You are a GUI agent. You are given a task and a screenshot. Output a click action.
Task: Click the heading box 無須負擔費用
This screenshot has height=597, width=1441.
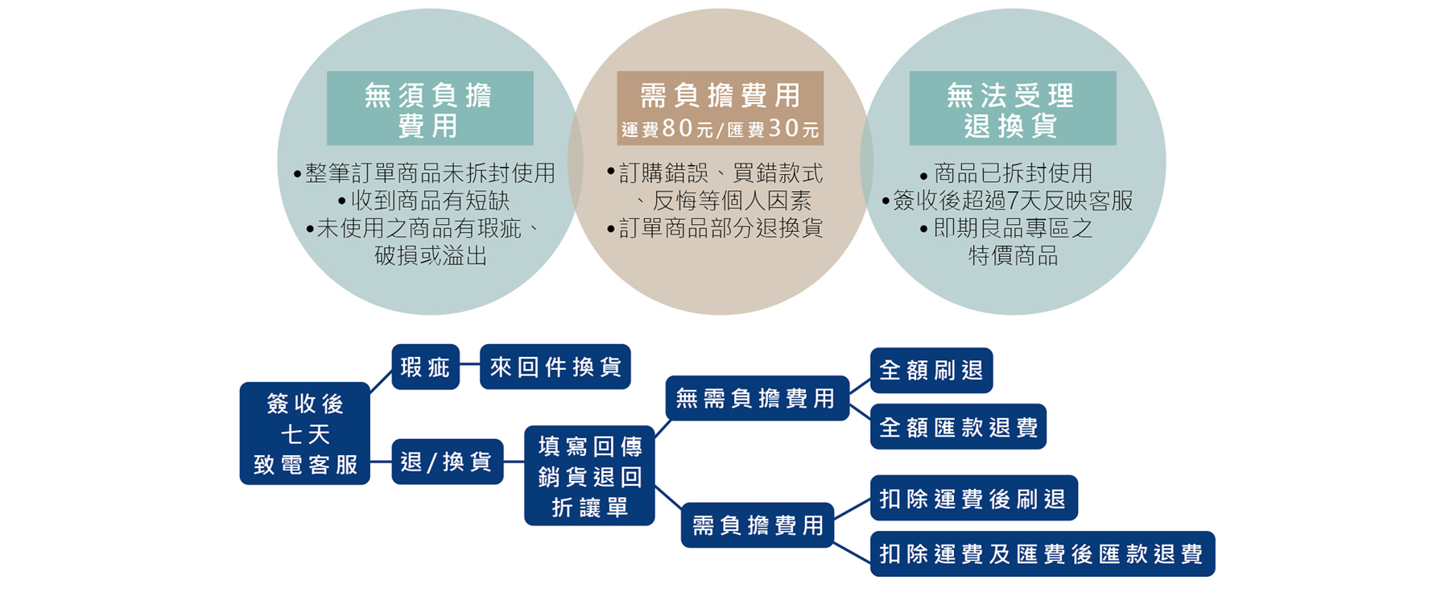[x=430, y=109]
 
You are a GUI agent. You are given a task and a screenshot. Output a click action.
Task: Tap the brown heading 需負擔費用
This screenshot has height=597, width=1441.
[x=720, y=96]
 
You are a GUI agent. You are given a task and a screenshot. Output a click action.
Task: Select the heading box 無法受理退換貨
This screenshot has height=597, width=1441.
[x=1012, y=109]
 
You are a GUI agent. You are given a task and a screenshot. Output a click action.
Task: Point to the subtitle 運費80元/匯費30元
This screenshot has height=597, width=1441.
[x=720, y=129]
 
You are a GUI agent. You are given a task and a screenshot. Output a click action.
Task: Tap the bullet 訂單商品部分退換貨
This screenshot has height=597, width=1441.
[x=716, y=228]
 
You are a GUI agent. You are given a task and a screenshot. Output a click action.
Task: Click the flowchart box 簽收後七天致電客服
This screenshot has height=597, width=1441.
[x=304, y=433]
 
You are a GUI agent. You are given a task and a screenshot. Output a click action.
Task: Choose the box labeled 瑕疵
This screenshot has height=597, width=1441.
[x=425, y=367]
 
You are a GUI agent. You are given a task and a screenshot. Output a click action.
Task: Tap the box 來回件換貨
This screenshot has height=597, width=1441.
[x=555, y=367]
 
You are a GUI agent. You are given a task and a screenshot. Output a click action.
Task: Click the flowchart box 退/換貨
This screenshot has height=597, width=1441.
[x=447, y=462]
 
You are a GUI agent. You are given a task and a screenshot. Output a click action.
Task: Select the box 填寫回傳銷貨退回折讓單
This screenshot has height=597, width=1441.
[x=589, y=476]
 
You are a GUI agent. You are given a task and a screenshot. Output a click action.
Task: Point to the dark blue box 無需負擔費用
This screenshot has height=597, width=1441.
[x=757, y=398]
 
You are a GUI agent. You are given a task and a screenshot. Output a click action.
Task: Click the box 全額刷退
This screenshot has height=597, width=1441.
[x=931, y=371]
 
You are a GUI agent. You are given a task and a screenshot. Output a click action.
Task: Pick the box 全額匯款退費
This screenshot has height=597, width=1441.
[x=958, y=427]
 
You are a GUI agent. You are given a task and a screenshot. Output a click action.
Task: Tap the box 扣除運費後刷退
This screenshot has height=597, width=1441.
[x=973, y=499]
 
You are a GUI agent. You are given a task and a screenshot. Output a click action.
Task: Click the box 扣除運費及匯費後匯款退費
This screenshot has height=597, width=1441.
[x=1042, y=554]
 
